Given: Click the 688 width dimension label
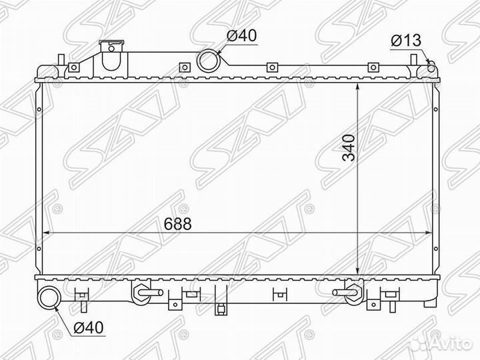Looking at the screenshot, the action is click(x=177, y=224).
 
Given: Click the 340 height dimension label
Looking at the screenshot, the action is click(x=349, y=147).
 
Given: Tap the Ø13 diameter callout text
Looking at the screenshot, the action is click(x=406, y=40).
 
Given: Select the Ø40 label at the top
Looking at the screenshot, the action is click(x=241, y=36).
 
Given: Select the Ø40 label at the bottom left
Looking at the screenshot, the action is click(x=89, y=327).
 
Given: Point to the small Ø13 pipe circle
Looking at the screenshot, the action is click(x=431, y=67).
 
